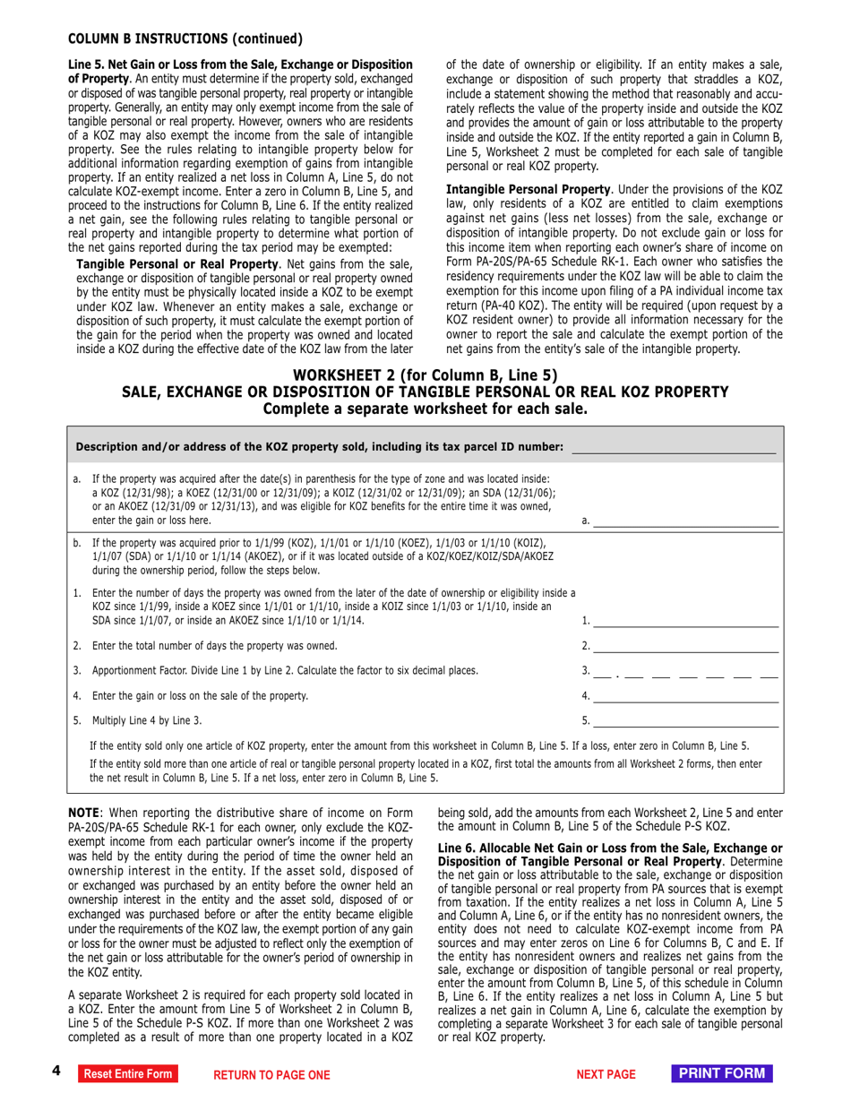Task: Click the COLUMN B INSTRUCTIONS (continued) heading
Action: click(x=185, y=39)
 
